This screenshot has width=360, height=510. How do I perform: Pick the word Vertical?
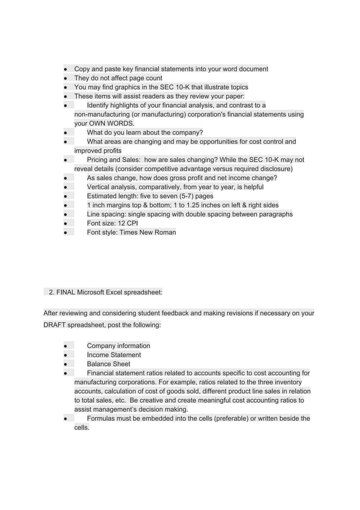pos(100,186)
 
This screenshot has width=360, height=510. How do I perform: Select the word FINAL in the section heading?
pos(65,292)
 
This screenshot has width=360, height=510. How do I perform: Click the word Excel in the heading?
pos(121,292)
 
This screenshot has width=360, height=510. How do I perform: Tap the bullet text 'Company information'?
pos(118,346)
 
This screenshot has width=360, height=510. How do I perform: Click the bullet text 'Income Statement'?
pos(114,355)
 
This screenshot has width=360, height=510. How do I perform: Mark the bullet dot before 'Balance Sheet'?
pos(65,364)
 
